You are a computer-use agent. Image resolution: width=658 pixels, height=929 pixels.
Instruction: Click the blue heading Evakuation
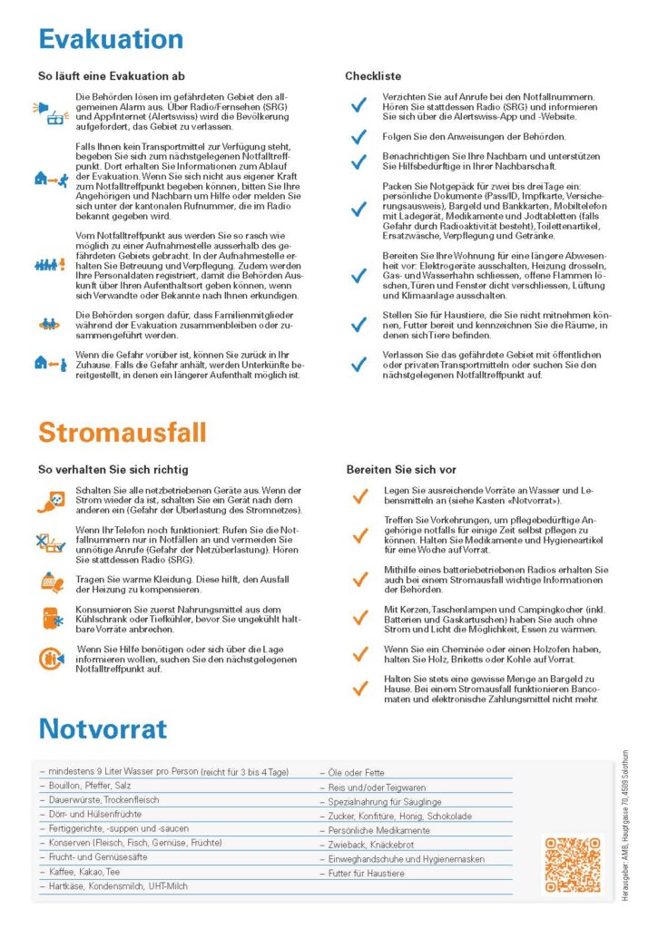click(111, 39)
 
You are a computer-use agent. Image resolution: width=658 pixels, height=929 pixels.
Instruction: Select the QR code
click(574, 864)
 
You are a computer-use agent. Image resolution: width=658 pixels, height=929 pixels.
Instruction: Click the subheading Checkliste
click(372, 76)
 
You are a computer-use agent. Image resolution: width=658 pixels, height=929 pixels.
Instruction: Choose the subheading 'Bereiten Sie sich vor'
click(400, 470)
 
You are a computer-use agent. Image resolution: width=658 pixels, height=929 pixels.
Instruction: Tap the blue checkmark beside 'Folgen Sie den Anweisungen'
click(359, 137)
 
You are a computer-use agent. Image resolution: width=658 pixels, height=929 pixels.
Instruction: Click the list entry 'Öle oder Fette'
click(357, 773)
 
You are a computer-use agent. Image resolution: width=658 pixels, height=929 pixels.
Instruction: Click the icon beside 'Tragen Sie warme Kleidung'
click(50, 582)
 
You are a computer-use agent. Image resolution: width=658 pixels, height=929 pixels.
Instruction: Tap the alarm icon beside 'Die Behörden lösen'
click(50, 112)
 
